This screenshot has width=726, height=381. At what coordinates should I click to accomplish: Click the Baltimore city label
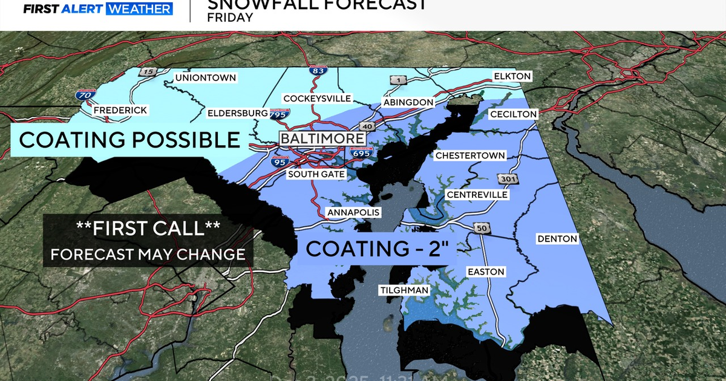click(x=322, y=138)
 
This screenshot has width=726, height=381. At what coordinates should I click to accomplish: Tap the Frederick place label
click(x=120, y=110)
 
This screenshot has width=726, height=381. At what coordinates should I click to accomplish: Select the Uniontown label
click(x=205, y=78)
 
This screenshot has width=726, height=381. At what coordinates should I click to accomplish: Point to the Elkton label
click(x=512, y=76)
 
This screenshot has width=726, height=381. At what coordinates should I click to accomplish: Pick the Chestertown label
click(x=470, y=155)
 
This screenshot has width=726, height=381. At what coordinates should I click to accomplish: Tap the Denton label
click(x=557, y=239)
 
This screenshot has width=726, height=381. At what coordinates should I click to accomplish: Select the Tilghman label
click(x=404, y=290)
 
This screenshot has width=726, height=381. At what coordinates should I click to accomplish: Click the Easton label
click(x=486, y=272)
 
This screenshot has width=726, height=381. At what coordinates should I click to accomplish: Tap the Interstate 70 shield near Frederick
click(x=85, y=94)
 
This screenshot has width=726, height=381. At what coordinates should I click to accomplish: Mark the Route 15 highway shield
click(x=146, y=72)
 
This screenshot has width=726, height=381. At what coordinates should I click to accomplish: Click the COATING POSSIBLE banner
click(x=129, y=140)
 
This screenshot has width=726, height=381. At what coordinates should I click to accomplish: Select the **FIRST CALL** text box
click(x=148, y=240)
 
